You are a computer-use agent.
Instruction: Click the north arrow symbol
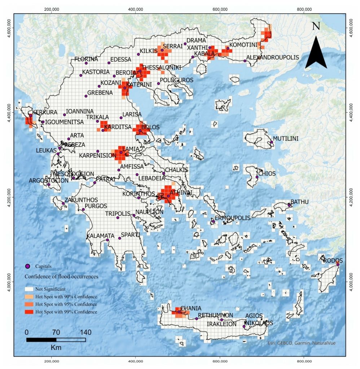[x=316, y=54]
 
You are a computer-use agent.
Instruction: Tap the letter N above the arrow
[x=316, y=26]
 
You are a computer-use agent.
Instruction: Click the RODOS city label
[x=333, y=260]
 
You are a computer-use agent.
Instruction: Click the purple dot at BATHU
[x=289, y=205]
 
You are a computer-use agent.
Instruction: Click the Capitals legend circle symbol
[x=27, y=266]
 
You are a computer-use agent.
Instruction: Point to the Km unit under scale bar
[x=56, y=348]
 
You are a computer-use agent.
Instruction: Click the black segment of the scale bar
[x=41, y=339]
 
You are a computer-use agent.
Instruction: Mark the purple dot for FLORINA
[x=86, y=63]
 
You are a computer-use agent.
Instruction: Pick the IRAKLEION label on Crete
[x=221, y=324]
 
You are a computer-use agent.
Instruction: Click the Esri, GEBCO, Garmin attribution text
[x=302, y=343]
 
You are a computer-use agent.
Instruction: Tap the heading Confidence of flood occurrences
[x=61, y=277]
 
